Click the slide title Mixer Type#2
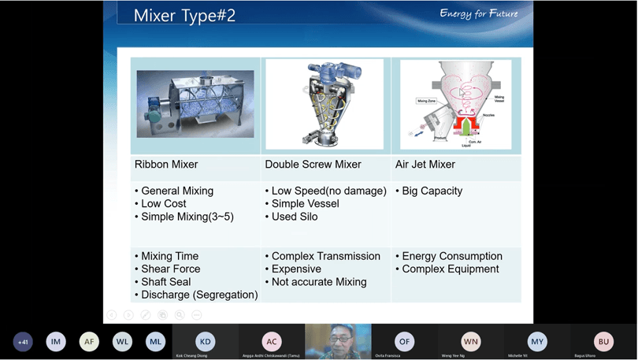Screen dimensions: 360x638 [x=184, y=16]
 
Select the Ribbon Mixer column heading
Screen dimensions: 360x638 [x=166, y=165]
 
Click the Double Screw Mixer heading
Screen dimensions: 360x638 [x=313, y=165]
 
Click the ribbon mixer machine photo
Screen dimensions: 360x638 [x=195, y=104]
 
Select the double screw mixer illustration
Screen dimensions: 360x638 [x=325, y=104]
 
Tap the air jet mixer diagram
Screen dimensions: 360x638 [x=456, y=105]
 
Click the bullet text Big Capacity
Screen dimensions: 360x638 [x=432, y=191]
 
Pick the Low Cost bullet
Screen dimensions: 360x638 [x=163, y=204]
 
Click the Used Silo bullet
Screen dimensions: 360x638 [x=295, y=217]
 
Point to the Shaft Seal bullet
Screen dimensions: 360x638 [x=165, y=282]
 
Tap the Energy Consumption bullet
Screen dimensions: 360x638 [x=451, y=256]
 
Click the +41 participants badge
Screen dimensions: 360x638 [x=23, y=342]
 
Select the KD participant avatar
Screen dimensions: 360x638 [x=206, y=342]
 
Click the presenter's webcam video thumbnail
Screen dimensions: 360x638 [x=338, y=342]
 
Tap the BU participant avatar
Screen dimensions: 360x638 [x=603, y=342]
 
